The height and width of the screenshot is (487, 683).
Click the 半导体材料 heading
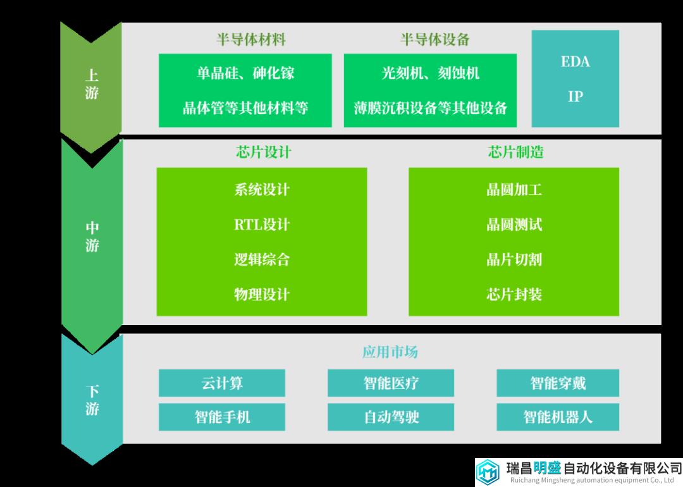click(x=251, y=40)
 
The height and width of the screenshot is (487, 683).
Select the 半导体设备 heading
click(x=434, y=40)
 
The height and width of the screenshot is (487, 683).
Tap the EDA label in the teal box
click(x=575, y=62)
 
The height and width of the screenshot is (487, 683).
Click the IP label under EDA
click(x=575, y=96)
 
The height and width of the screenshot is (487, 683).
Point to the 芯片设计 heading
click(x=264, y=152)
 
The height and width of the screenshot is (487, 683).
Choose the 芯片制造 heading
click(x=516, y=152)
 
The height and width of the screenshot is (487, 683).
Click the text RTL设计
click(x=262, y=225)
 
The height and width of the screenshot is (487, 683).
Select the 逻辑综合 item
click(x=262, y=259)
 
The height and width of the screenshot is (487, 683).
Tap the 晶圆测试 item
click(x=514, y=225)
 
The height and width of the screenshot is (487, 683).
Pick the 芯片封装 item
click(x=514, y=295)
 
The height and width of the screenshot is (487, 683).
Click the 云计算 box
click(x=222, y=383)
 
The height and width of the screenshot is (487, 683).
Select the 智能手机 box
click(x=222, y=417)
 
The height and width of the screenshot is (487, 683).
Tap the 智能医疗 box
click(x=391, y=383)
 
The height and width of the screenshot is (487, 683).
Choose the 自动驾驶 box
click(x=391, y=417)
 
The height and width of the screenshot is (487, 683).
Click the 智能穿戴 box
click(x=558, y=383)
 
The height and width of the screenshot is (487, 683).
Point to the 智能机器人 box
click(x=558, y=417)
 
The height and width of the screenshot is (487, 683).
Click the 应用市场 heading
click(x=390, y=352)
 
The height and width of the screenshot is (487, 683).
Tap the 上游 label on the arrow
click(x=92, y=84)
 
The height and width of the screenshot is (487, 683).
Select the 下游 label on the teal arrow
click(x=92, y=400)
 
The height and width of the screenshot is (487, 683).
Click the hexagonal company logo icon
click(x=488, y=472)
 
